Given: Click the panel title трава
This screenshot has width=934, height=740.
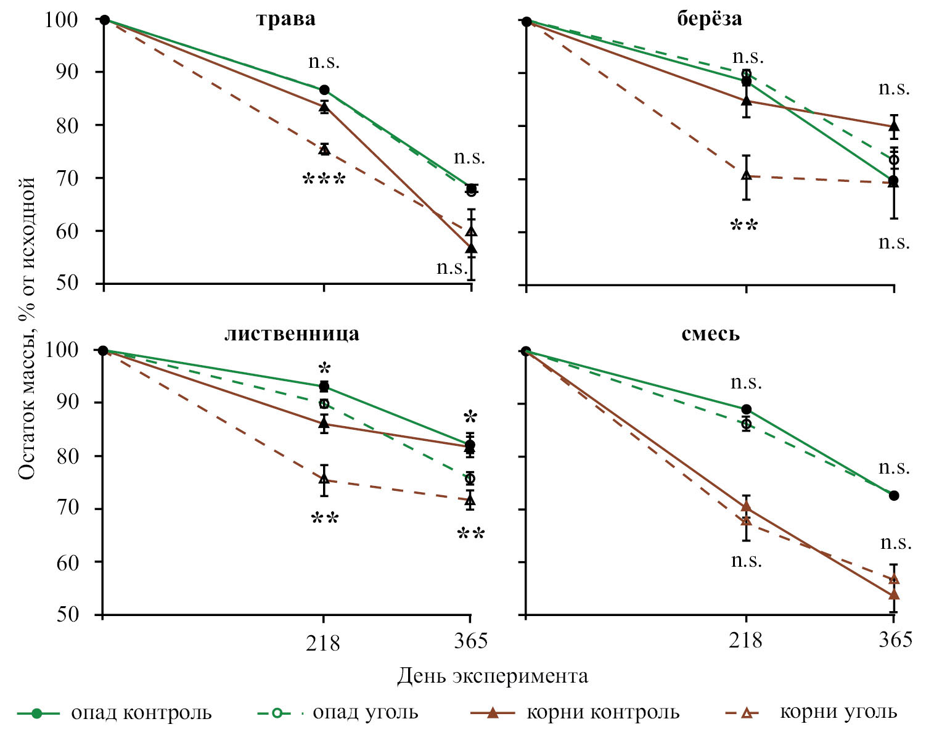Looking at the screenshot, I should [x=285, y=19].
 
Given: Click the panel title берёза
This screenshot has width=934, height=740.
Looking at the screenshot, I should [x=709, y=19].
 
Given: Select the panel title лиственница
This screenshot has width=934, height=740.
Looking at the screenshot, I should [x=292, y=334].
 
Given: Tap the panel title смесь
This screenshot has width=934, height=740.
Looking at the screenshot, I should [x=710, y=334].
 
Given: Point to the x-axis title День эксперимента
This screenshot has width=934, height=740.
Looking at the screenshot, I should [x=492, y=676].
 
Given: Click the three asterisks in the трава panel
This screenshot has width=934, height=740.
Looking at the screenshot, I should [x=324, y=180].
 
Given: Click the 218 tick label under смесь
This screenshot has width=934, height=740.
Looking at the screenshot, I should [x=746, y=641].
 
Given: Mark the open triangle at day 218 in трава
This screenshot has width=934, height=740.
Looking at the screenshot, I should [x=324, y=149].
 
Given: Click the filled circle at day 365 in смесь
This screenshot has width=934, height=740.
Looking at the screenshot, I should [x=894, y=495].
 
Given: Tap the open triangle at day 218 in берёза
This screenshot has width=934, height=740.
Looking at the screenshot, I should [x=747, y=175].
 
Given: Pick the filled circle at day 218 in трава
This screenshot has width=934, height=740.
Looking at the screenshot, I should [x=324, y=90].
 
